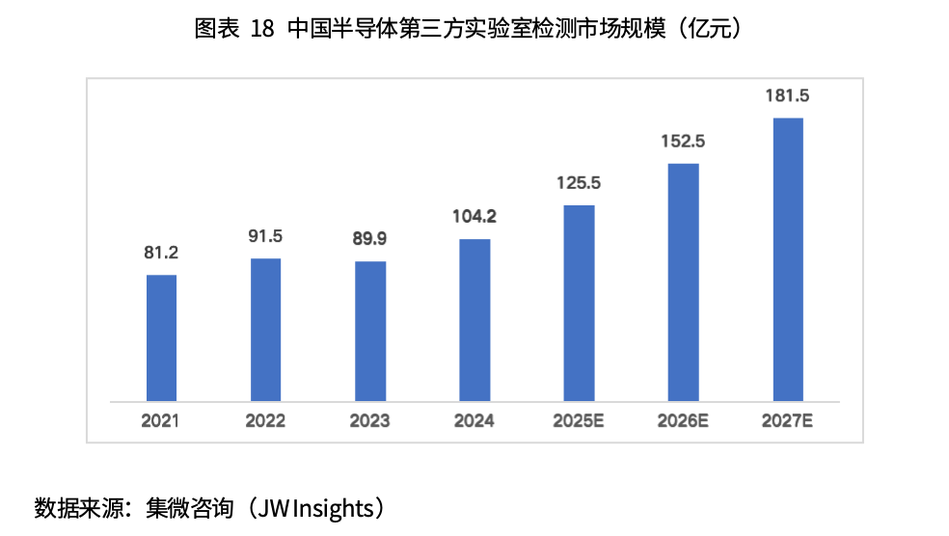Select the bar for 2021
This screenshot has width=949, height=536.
(x=161, y=337)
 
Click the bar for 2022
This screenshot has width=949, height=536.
(x=265, y=329)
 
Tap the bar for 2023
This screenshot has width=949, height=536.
(x=370, y=331)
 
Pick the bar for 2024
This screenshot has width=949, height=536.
(x=474, y=319)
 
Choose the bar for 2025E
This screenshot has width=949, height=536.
(x=579, y=303)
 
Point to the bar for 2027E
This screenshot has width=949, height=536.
(x=788, y=259)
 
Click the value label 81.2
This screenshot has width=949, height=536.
(x=161, y=254)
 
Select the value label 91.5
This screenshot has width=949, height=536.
(x=265, y=237)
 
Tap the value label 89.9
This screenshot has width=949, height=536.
(x=370, y=240)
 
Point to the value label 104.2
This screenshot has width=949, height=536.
(x=474, y=217)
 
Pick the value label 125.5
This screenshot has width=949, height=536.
(x=579, y=183)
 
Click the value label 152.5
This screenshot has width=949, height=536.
(x=684, y=142)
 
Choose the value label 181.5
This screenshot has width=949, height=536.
(x=788, y=96)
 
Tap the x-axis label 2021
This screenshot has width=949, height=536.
(x=160, y=421)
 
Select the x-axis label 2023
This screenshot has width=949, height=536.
(x=369, y=421)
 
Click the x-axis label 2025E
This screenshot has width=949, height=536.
(x=579, y=421)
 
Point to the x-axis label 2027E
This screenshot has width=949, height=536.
(x=788, y=421)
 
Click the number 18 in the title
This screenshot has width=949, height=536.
(x=261, y=29)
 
